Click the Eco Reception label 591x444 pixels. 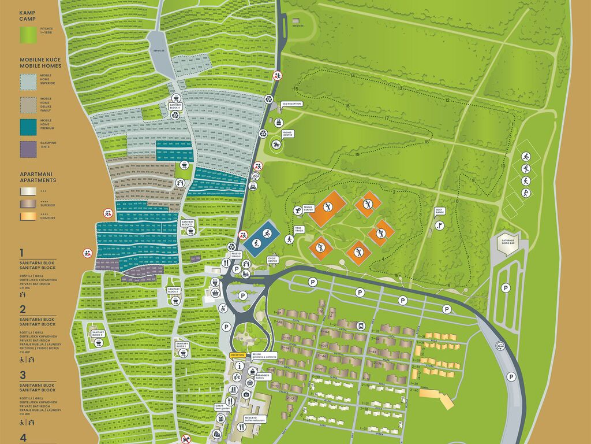tap(291, 104)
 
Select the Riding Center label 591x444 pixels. tap(287, 134)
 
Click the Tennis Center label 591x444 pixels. tap(308, 208)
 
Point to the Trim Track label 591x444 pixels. tap(299, 229)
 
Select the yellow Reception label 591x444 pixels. tap(238, 355)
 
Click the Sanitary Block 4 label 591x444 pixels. tap(175, 106)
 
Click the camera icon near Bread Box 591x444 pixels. tap(246, 394)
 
